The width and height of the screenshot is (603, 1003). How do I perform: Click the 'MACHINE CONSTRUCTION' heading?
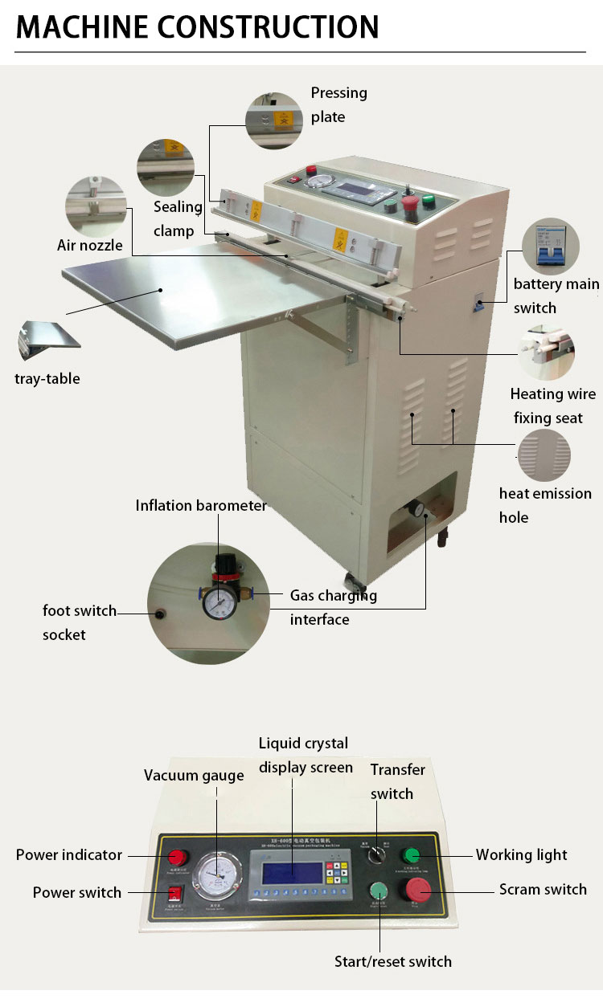click(x=197, y=27)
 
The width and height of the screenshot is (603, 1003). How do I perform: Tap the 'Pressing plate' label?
click(x=338, y=104)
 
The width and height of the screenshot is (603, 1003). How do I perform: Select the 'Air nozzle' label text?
click(x=90, y=245)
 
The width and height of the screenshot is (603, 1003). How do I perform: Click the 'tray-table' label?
click(x=47, y=378)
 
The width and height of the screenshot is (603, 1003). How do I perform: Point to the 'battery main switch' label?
click(x=556, y=296)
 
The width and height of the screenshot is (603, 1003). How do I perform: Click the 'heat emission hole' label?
click(x=544, y=505)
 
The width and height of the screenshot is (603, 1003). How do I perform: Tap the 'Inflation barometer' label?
click(x=200, y=505)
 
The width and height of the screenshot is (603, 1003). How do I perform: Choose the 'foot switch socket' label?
click(x=79, y=622)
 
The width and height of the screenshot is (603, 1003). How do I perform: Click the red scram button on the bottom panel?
click(x=419, y=889)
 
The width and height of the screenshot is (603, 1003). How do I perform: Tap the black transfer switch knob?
click(x=375, y=857)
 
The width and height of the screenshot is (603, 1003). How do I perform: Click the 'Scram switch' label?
click(x=543, y=889)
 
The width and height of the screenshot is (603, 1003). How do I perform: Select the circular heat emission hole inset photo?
click(x=544, y=455)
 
